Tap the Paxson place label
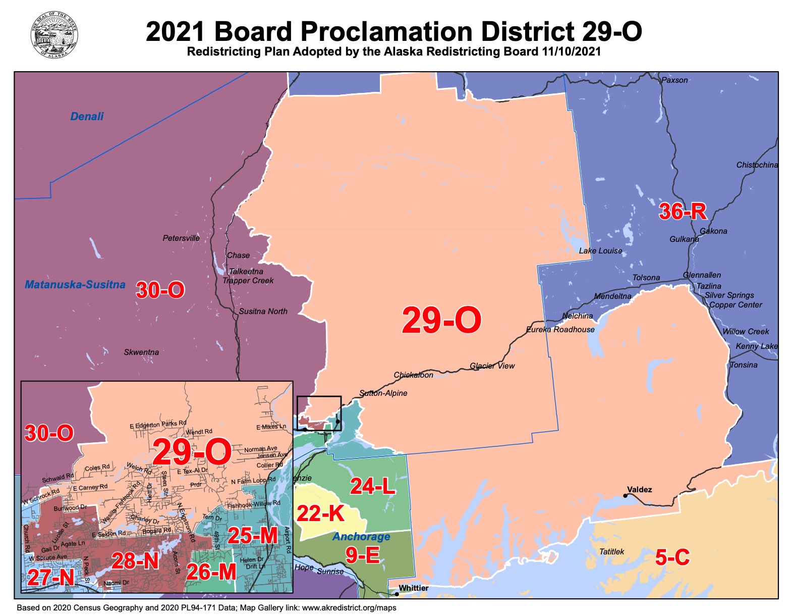(x=674, y=80)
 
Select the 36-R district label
(x=683, y=212)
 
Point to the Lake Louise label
(x=600, y=251)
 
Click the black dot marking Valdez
(x=625, y=496)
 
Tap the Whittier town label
(x=413, y=588)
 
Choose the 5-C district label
(x=672, y=557)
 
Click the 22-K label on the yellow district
(x=320, y=514)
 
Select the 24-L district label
(x=372, y=486)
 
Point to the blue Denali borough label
(x=87, y=117)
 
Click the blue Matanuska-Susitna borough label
(x=75, y=285)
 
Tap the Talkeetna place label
(x=246, y=272)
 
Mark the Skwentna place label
(x=141, y=352)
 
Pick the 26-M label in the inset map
(x=211, y=572)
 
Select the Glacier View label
(x=492, y=366)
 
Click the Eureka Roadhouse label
(x=560, y=330)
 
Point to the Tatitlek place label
(x=611, y=552)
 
